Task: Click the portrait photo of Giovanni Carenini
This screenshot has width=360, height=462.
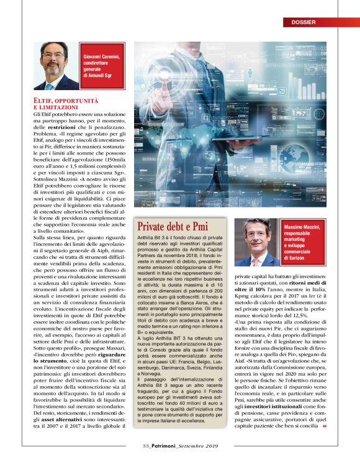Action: click(56, 65)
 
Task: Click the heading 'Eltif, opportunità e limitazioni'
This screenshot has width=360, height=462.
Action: click(65, 103)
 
